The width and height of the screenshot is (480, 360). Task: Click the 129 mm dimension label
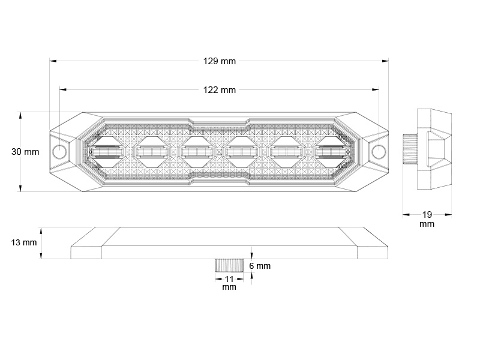point(220,61)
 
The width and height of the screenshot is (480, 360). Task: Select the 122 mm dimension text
point(220,90)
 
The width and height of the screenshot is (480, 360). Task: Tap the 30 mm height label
point(25,152)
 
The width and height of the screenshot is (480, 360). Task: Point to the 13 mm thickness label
point(24,243)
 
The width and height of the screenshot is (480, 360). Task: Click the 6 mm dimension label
point(260,266)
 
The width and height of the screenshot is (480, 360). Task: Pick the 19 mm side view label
point(427,219)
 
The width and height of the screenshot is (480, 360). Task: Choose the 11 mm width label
point(229,283)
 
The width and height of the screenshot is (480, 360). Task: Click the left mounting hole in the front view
point(59,151)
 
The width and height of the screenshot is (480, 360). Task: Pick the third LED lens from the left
point(197,152)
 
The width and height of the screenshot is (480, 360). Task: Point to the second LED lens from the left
point(152,152)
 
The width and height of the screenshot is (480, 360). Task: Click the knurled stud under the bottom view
point(229,265)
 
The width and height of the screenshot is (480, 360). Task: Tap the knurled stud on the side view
point(410,149)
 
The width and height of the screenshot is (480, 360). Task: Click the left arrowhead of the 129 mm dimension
point(53,61)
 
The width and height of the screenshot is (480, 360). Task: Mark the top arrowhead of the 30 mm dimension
point(20,116)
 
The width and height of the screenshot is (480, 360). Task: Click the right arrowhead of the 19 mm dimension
point(448,215)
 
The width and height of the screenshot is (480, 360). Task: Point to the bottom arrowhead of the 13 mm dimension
point(41,256)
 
